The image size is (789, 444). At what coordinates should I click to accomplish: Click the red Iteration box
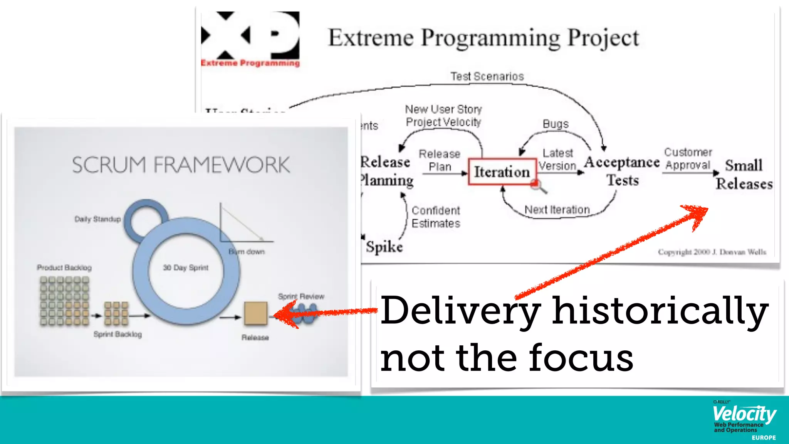(502, 172)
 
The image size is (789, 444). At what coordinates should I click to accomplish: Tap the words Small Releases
(744, 175)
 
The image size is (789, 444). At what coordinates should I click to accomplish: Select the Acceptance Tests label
(622, 171)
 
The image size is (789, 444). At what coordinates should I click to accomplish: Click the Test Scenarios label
(487, 76)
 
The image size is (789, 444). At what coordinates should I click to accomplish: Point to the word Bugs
(555, 124)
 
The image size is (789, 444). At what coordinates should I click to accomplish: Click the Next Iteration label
(557, 210)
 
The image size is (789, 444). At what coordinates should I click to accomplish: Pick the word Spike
(384, 247)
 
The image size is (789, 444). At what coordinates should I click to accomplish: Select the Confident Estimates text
(436, 217)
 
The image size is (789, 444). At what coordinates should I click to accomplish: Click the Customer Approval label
(688, 159)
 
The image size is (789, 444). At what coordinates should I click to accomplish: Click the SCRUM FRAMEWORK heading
(181, 165)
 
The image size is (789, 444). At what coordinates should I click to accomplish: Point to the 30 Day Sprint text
(185, 267)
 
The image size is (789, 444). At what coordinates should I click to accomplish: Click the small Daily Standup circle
(146, 219)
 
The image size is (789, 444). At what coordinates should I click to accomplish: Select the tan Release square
(255, 313)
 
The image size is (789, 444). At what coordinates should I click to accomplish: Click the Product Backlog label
(64, 267)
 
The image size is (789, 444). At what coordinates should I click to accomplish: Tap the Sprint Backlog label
(118, 334)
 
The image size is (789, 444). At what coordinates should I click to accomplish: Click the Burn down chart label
(247, 252)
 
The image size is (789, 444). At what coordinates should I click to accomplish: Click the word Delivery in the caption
(460, 311)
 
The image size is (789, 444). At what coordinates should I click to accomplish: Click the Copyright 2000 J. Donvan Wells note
(712, 252)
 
